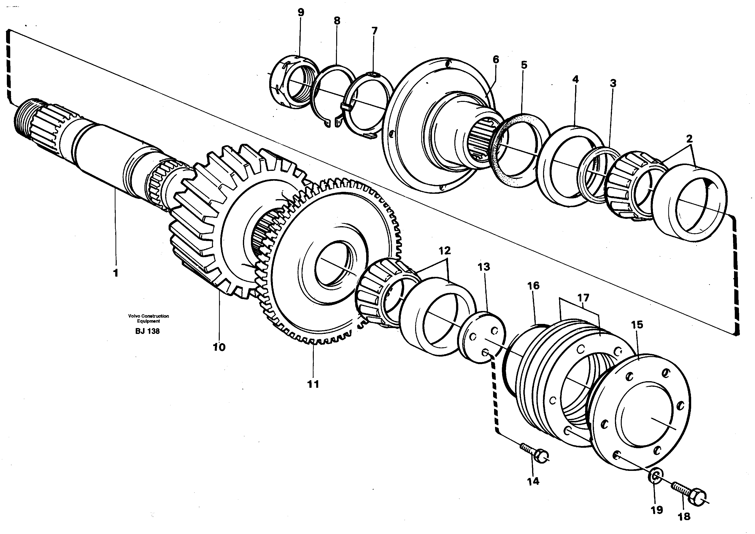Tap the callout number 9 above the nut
tap(301, 12)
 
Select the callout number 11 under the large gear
tap(313, 384)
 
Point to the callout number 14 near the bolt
tap(533, 481)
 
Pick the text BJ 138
tap(147, 331)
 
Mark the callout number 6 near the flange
tap(496, 59)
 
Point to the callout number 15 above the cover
tap(637, 325)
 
